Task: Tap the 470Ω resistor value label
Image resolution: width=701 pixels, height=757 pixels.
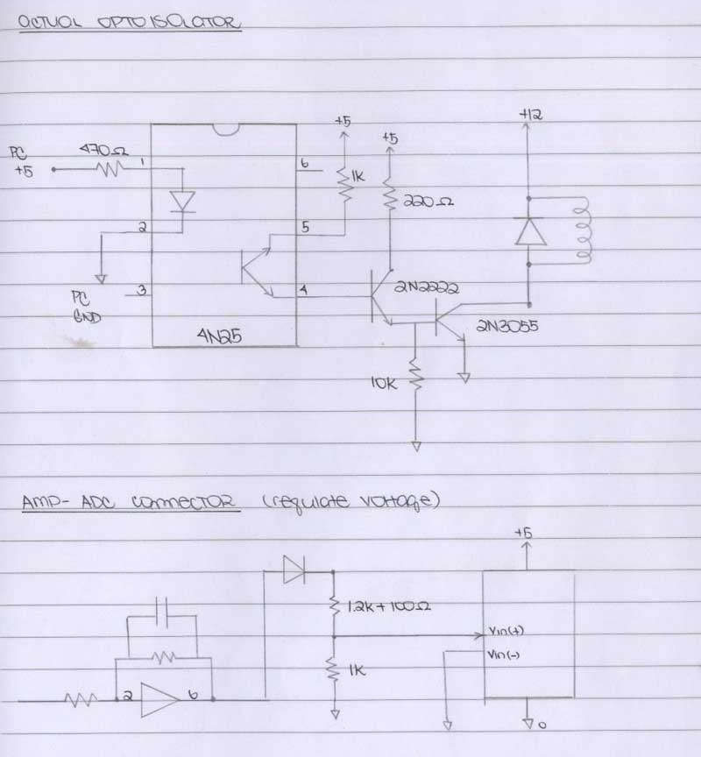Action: (103, 151)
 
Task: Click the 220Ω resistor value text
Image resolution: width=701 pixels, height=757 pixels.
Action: (428, 202)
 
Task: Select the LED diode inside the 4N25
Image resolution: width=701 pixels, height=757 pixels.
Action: (182, 201)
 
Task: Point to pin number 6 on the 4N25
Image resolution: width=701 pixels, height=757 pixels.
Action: (304, 164)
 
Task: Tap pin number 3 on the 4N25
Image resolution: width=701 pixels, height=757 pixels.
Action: (140, 290)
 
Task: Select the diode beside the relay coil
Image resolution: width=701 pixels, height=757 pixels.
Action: (528, 230)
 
